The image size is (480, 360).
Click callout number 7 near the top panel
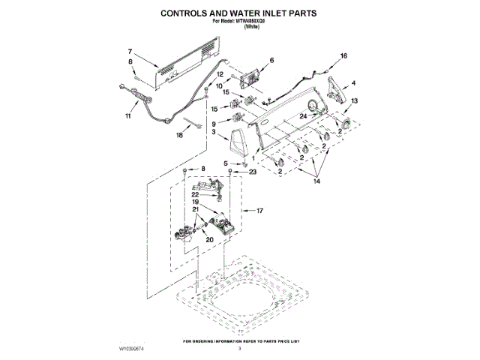pyautogui.click(x=130, y=51)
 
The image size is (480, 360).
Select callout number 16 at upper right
pyautogui.click(x=344, y=56)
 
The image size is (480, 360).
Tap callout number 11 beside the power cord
pyautogui.click(x=127, y=117)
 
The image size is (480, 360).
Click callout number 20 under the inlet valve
pyautogui.click(x=209, y=240)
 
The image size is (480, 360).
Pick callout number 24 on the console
pyautogui.click(x=304, y=117)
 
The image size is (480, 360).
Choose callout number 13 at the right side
pyautogui.click(x=354, y=100)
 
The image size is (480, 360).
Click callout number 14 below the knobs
pyautogui.click(x=316, y=181)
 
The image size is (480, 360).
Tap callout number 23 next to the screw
pyautogui.click(x=253, y=172)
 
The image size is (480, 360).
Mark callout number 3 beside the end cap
pyautogui.click(x=214, y=132)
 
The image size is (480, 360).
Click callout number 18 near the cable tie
pyautogui.click(x=179, y=136)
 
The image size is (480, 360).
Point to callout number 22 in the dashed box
pyautogui.click(x=194, y=194)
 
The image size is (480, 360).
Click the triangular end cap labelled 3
pyautogui.click(x=239, y=142)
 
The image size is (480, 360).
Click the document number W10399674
pyautogui.click(x=136, y=349)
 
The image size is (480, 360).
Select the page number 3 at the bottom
pyautogui.click(x=240, y=349)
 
